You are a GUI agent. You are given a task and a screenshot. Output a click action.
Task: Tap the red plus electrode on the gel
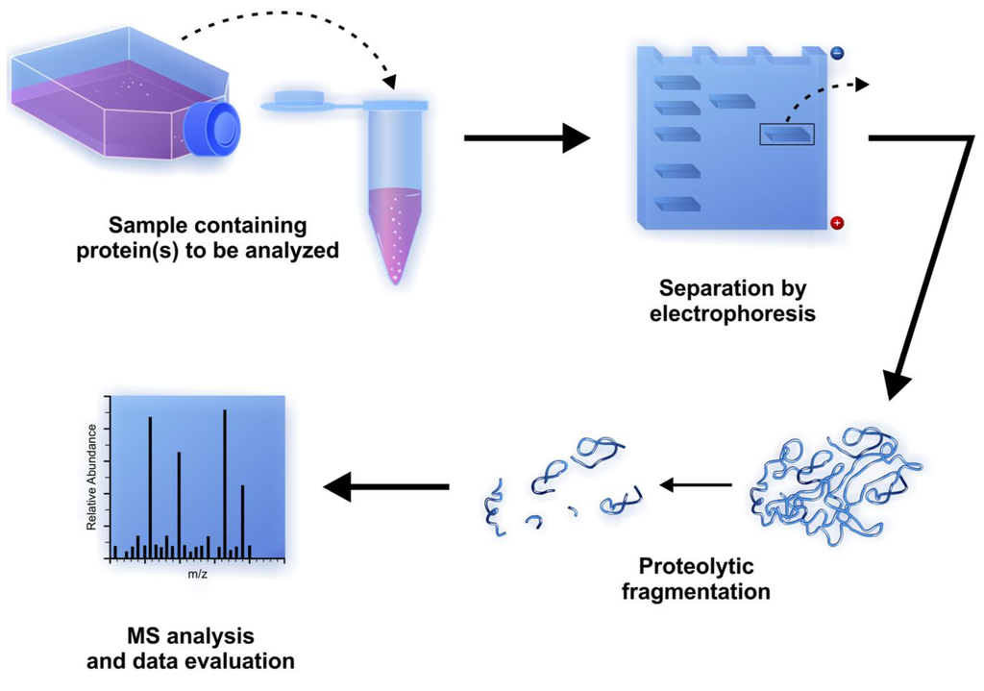(x=836, y=223)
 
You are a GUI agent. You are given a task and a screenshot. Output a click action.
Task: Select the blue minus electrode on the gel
(x=836, y=55)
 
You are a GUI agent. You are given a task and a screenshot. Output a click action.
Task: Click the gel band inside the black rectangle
(x=787, y=135)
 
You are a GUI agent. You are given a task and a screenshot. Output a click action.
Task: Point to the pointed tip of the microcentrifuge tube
(x=395, y=278)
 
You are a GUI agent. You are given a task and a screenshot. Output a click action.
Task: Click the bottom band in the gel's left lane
(x=676, y=204)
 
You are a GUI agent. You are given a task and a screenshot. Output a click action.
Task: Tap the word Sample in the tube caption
(x=145, y=227)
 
